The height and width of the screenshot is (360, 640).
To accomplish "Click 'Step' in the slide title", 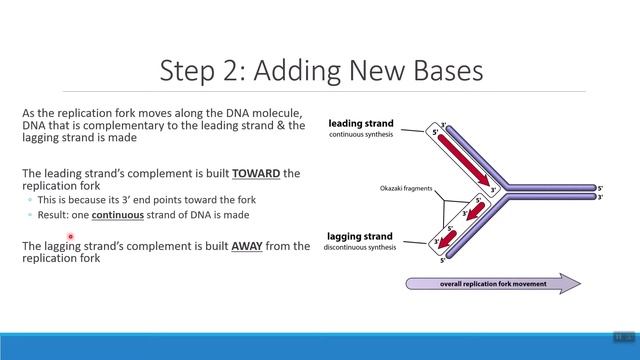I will pos(193,71).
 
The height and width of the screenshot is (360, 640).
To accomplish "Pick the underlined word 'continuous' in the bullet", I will pos(119,215).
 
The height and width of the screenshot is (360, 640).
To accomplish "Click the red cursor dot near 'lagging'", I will pos(71,237).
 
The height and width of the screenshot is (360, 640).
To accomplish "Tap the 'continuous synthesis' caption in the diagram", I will pos(360,135).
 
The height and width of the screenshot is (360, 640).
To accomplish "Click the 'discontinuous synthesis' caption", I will pos(360,248).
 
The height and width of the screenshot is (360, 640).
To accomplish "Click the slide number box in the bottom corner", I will pos(619,338).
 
